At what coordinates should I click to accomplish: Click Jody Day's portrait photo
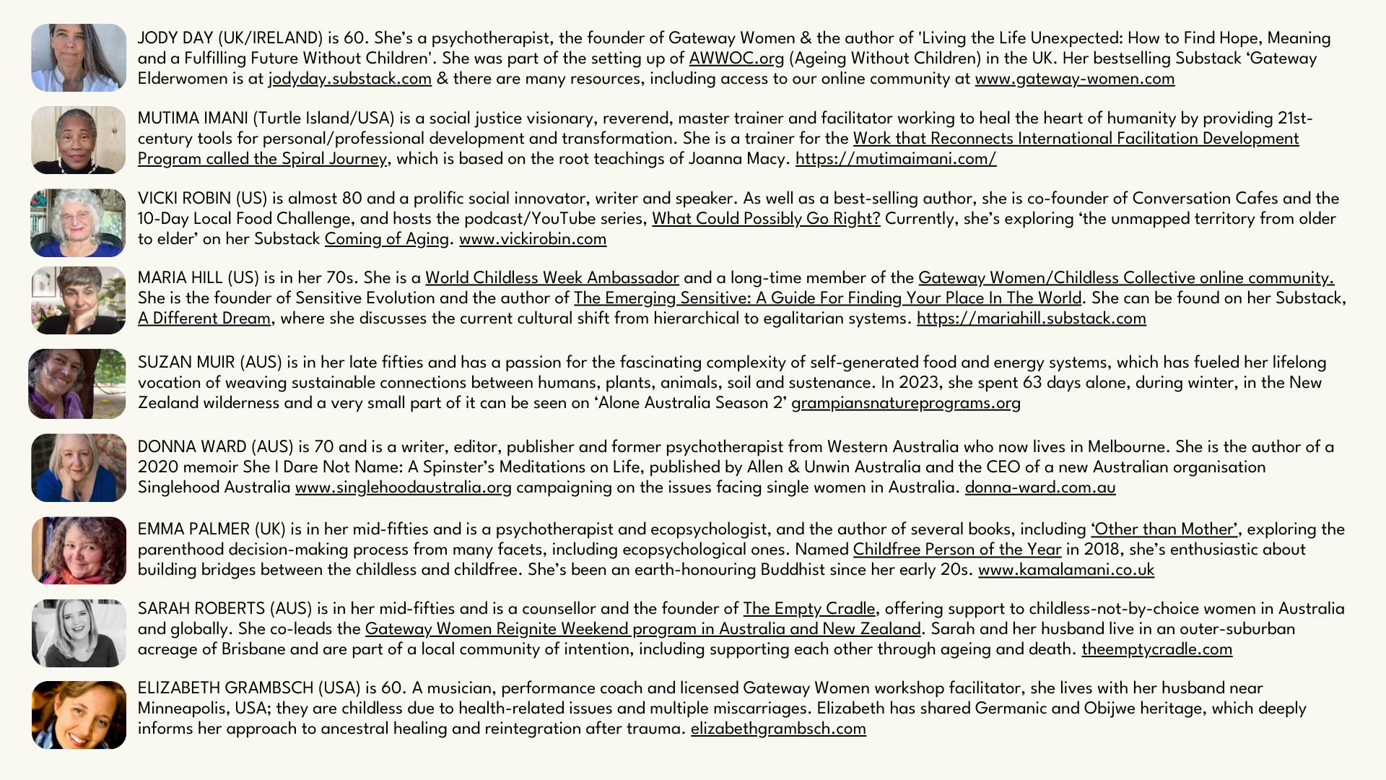pos(79,58)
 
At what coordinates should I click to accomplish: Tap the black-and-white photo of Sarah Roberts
pos(79,633)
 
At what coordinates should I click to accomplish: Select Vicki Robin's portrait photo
pos(78,222)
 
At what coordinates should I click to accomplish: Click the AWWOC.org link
pos(736,58)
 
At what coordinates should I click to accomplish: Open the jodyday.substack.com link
pos(350,79)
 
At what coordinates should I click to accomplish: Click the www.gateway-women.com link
pos(1074,79)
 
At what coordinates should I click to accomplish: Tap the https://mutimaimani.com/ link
pos(895,159)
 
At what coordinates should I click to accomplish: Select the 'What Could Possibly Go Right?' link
pos(766,219)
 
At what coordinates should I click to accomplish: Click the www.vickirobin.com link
pos(533,239)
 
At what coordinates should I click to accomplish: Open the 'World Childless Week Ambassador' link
pos(552,278)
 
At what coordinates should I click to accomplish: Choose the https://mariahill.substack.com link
pos(1031,318)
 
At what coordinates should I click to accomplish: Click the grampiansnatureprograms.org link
pos(906,403)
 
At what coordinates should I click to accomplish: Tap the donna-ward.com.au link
pos(1040,487)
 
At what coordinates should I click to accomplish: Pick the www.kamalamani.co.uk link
pos(1066,570)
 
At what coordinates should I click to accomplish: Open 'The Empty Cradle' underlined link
pos(809,609)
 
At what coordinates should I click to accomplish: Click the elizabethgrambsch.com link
pos(778,729)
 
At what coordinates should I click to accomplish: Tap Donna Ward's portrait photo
pos(79,468)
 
